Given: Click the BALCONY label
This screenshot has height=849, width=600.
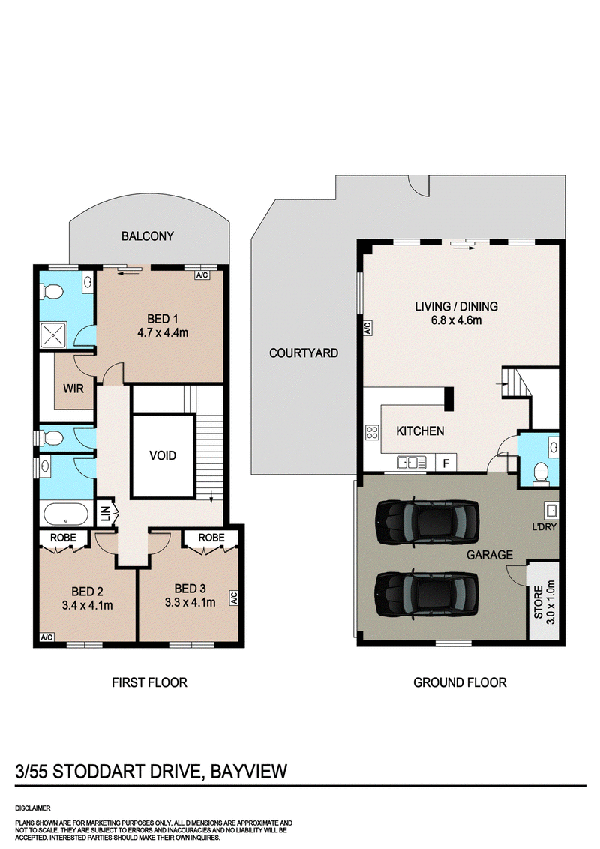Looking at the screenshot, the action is click(x=147, y=236).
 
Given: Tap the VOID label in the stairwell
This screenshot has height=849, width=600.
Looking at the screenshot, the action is click(x=163, y=455).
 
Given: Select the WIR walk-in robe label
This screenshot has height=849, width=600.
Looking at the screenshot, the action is click(x=73, y=388).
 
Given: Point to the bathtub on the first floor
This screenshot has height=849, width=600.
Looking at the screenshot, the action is click(x=65, y=514).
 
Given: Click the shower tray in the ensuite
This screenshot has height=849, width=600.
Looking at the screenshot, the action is click(x=53, y=335).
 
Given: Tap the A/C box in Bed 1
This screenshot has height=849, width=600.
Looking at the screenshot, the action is click(x=202, y=275).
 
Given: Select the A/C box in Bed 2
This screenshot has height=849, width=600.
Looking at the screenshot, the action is click(x=47, y=637).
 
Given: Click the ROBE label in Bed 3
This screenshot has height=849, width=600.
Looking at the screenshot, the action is click(x=211, y=538).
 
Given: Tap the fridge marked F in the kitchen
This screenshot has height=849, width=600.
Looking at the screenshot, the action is click(x=446, y=463).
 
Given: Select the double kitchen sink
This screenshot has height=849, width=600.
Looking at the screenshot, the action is click(x=412, y=463).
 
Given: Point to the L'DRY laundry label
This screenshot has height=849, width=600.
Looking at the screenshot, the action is click(x=544, y=526).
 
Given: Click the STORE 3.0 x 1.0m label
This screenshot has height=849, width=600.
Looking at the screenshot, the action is click(x=544, y=602).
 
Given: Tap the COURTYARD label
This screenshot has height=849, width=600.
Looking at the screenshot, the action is click(x=304, y=353).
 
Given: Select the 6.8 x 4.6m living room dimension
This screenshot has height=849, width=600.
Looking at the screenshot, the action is click(x=456, y=320).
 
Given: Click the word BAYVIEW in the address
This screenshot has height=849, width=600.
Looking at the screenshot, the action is click(x=248, y=771).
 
